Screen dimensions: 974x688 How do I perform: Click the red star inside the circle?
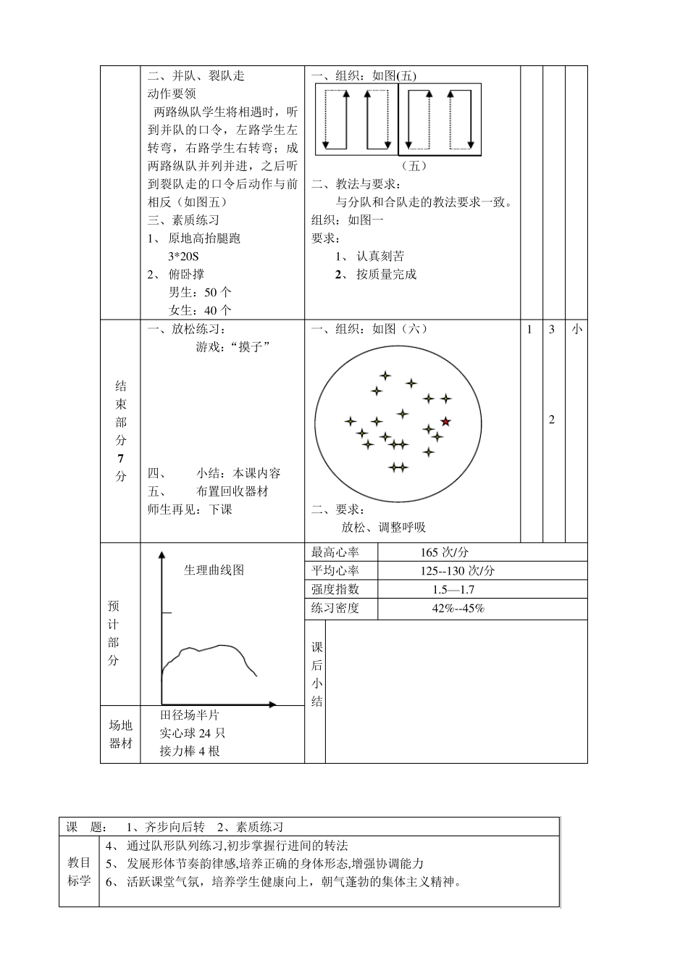coord(445,422)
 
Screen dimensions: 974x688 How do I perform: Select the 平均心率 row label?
coord(335,571)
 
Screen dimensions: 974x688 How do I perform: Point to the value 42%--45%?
coord(458,609)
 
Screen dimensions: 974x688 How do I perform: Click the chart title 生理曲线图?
coord(214,570)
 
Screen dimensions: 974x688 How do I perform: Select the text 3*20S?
coord(183,257)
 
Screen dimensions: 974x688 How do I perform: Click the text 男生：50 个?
coord(200,293)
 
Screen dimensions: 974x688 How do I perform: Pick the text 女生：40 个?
coord(200,311)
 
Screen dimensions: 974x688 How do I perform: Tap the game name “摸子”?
coord(250,347)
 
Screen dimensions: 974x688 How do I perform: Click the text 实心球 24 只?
coord(193,733)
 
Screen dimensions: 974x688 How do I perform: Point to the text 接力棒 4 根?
coord(190,752)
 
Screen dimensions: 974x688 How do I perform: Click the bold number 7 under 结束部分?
coord(120,459)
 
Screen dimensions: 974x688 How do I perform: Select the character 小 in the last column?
coord(576,330)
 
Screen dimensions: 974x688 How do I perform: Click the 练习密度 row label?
coord(335,609)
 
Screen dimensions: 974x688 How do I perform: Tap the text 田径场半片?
coord(190,715)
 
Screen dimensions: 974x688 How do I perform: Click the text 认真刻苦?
coord(380,257)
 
